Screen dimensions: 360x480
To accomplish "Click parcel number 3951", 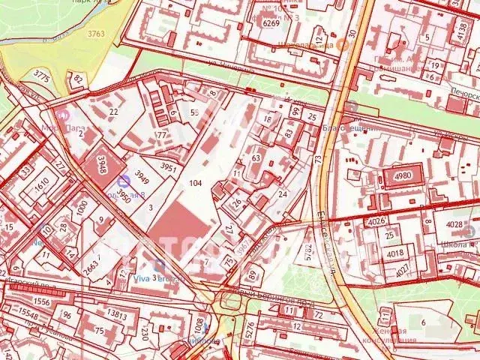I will coord(169,167).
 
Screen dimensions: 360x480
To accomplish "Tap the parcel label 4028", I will coord(454,224).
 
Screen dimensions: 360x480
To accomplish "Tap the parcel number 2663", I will coord(90,265).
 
